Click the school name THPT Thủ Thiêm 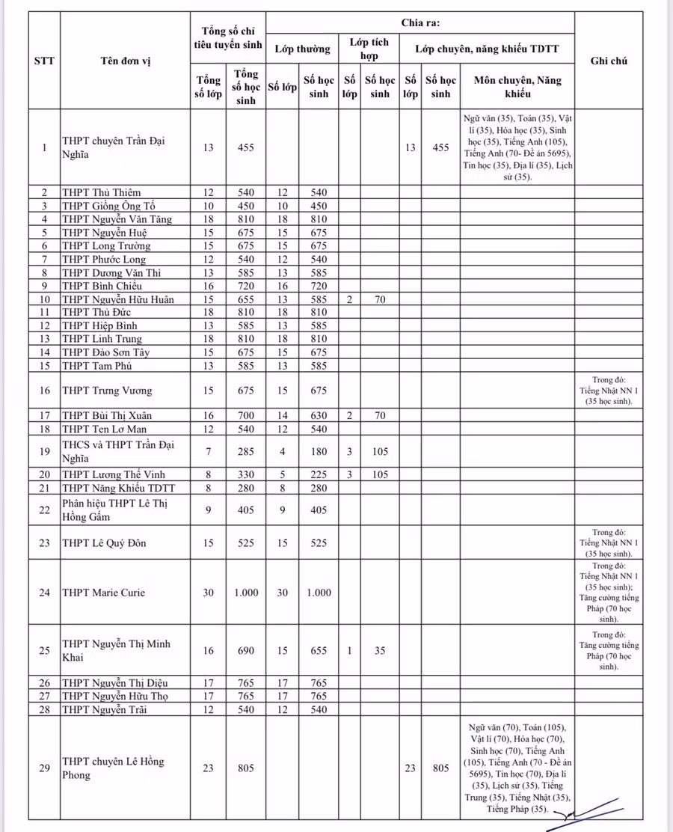[x=101, y=192]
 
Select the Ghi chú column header [x=608, y=61]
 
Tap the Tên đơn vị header [x=126, y=61]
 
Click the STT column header [x=44, y=61]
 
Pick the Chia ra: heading [x=420, y=22]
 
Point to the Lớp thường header [x=302, y=49]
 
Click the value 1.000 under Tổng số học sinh [x=246, y=593]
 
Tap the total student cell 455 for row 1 [x=246, y=147]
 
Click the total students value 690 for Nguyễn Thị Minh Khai [x=246, y=650]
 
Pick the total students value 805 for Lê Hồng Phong [x=246, y=768]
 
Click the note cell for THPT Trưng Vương [x=608, y=390]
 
